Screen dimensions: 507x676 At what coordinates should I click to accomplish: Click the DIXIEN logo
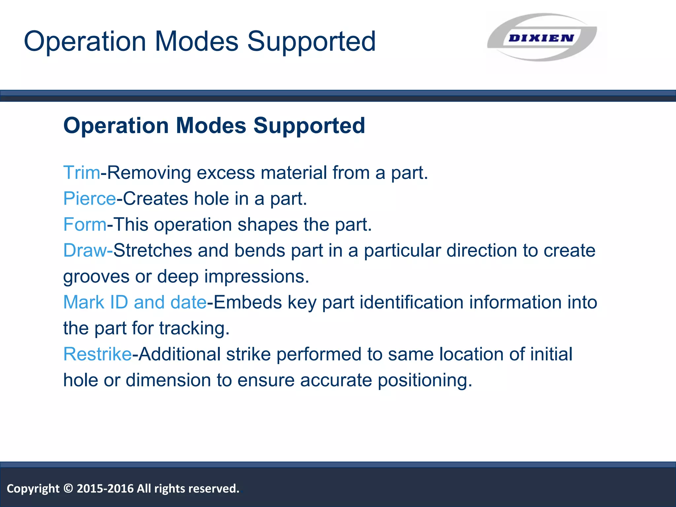[x=541, y=37]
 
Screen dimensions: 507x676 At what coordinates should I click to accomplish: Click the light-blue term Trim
[x=82, y=173]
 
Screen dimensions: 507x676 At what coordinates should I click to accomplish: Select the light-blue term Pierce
[x=89, y=199]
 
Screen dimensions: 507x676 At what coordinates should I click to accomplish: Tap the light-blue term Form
[x=85, y=224]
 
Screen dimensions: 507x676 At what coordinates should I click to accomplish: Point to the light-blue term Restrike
[x=97, y=354]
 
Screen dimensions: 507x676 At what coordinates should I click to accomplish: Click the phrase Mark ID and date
[x=135, y=302]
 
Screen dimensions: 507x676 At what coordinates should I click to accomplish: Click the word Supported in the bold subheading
[x=309, y=126]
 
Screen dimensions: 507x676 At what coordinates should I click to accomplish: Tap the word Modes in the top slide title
[x=197, y=42]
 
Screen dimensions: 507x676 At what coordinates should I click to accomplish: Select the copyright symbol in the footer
[x=68, y=488]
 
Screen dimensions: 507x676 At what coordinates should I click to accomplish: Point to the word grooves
[x=96, y=277]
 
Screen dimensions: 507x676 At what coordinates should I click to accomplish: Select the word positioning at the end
[x=425, y=380]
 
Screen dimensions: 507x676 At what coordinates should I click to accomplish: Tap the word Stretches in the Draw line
[x=152, y=250]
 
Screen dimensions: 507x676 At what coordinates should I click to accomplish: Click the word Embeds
[x=248, y=302]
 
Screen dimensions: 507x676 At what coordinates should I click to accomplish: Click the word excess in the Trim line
[x=226, y=173]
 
